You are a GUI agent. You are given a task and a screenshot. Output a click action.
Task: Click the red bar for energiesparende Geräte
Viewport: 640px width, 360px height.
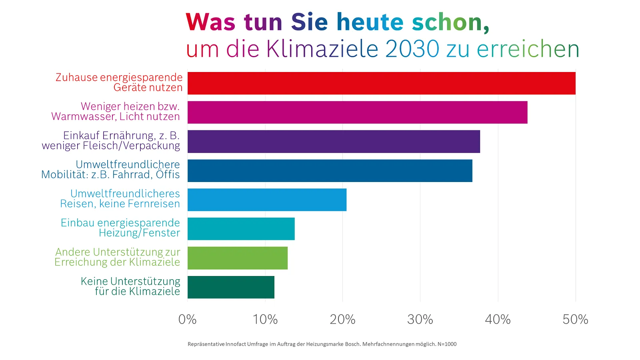[381, 83]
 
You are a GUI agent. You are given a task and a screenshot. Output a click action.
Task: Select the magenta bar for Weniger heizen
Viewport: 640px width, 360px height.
[357, 112]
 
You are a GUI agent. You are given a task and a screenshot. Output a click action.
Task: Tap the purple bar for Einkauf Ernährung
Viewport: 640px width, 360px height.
[334, 142]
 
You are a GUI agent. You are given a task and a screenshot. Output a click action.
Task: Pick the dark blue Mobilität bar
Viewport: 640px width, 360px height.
[330, 171]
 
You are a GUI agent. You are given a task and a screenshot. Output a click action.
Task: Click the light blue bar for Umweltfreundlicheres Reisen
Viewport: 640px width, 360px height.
[267, 200]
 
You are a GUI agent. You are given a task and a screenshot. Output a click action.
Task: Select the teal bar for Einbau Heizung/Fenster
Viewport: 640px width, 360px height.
[241, 229]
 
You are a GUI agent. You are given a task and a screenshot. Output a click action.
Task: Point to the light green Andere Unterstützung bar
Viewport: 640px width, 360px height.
[237, 258]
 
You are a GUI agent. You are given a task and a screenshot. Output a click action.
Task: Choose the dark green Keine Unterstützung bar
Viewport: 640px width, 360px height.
[231, 287]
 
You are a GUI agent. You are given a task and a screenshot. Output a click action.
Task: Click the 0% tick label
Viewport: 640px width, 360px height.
[187, 319]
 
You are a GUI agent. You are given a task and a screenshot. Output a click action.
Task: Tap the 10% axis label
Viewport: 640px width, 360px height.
[265, 319]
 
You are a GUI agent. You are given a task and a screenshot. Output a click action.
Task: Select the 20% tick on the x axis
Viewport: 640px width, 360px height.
[342, 319]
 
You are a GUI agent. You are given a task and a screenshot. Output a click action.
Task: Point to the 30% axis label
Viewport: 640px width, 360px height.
[420, 319]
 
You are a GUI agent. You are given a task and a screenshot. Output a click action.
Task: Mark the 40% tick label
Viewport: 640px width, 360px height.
[498, 319]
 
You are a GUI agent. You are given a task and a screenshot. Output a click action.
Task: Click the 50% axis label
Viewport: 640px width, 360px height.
[575, 319]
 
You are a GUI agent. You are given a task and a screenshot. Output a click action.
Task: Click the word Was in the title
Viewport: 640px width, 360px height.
[210, 22]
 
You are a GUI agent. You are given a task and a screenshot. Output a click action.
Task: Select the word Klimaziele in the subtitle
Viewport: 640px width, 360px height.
[322, 49]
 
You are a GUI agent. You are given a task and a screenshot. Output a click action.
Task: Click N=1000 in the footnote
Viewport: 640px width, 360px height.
[447, 344]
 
